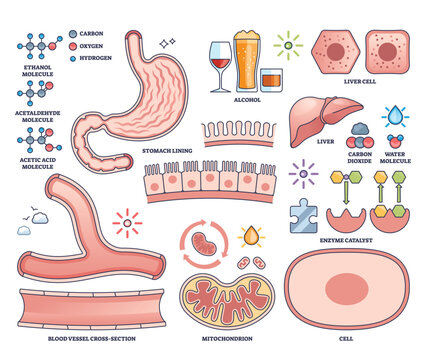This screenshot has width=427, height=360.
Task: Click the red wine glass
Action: [x=219, y=60]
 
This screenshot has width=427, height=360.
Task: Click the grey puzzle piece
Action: [x=301, y=213]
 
